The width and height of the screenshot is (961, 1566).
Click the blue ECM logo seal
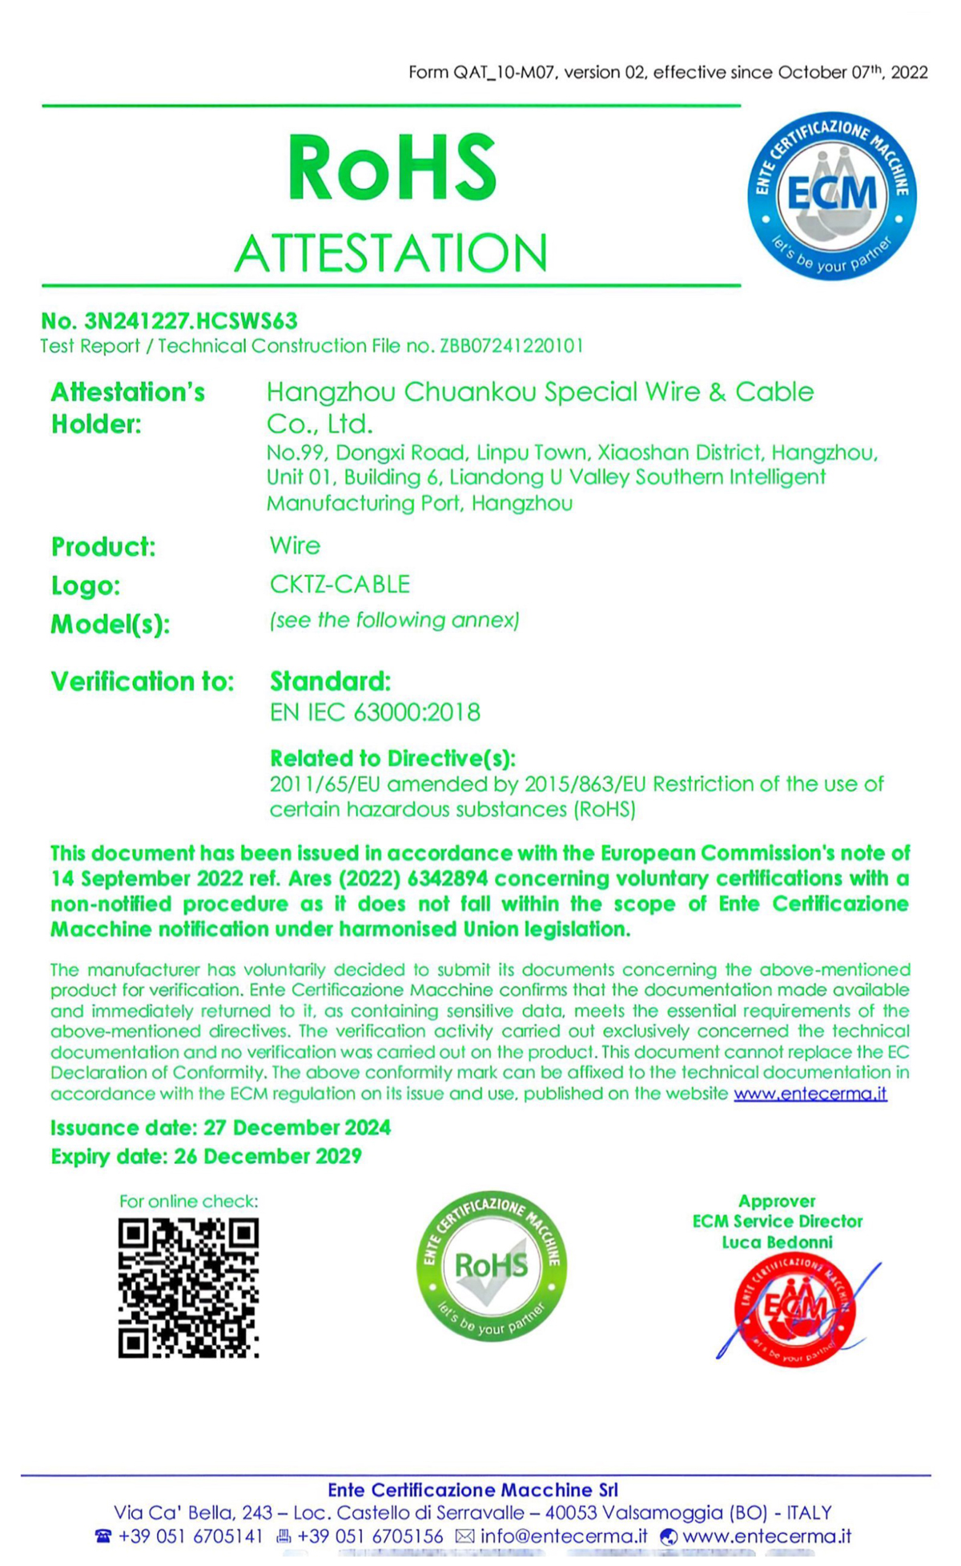(x=831, y=196)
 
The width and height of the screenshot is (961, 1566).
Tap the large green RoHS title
(x=392, y=168)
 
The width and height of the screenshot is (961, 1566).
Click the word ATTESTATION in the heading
(x=392, y=253)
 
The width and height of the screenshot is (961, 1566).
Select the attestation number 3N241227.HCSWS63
(x=191, y=321)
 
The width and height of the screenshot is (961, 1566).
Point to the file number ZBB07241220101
(x=511, y=346)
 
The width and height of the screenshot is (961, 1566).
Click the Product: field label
(x=103, y=547)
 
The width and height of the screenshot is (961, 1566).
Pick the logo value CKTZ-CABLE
(x=340, y=585)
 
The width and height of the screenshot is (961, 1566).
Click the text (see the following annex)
(x=395, y=621)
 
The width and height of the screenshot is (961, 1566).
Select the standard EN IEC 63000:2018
(x=375, y=713)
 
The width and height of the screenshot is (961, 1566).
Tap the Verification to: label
(x=143, y=682)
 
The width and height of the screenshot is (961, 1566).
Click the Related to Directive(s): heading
(x=392, y=759)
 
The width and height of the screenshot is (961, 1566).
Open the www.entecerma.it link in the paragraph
(x=810, y=1094)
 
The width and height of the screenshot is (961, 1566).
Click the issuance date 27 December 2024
(x=297, y=1128)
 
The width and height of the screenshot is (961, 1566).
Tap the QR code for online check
(x=188, y=1288)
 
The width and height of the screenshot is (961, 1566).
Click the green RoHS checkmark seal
(x=491, y=1266)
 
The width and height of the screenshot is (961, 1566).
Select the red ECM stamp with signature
(x=794, y=1310)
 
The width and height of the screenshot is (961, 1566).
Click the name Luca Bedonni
(x=777, y=1242)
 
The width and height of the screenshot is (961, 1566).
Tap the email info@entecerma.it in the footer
(x=564, y=1536)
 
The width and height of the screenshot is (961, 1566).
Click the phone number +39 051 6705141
(x=191, y=1536)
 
